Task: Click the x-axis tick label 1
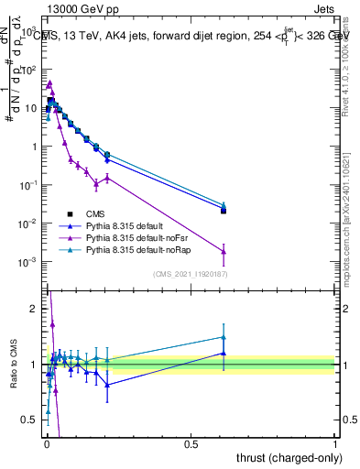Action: (x=335, y=445)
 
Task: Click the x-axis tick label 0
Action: (x=46, y=445)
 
